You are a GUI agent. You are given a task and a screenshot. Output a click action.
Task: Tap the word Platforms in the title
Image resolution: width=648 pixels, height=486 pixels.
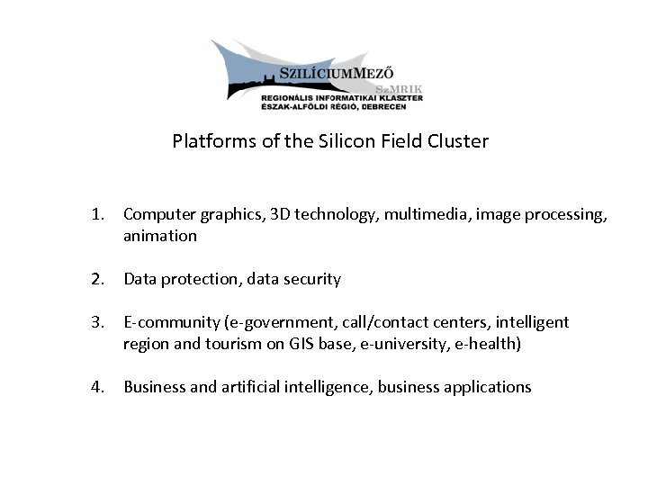pos(206,141)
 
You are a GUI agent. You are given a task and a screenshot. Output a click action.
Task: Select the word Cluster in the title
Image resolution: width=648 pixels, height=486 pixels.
pos(460,141)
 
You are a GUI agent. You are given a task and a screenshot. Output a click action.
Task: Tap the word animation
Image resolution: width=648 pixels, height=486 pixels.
pos(160,236)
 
